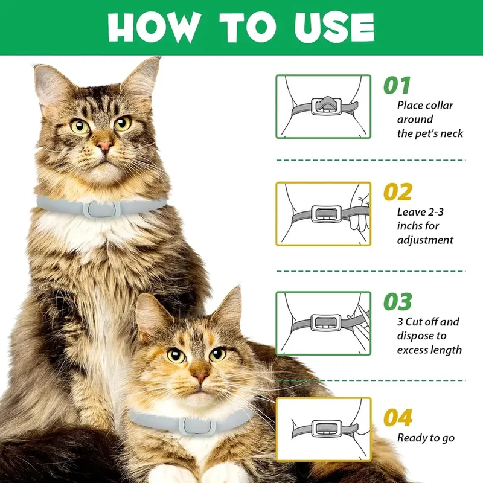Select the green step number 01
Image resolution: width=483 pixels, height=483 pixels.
397,85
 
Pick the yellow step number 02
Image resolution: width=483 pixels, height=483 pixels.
398,191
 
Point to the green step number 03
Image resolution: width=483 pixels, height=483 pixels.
398,301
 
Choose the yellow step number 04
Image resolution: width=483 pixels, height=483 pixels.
398,417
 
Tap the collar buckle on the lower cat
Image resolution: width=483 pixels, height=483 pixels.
197,426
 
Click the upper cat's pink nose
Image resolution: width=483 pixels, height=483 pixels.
104,146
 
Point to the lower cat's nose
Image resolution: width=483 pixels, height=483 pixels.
200,376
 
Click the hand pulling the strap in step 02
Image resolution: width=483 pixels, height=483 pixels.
361,211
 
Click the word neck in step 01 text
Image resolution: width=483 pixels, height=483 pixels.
452,133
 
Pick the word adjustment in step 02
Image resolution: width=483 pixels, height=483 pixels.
426,240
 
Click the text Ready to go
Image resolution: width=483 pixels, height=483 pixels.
426,438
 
